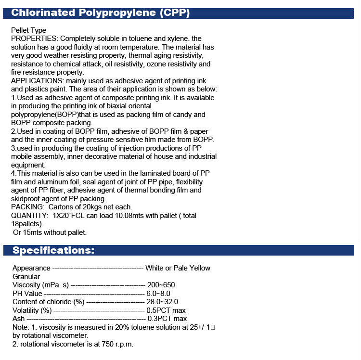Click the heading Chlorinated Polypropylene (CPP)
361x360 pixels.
[x=100, y=13]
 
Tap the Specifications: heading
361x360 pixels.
[x=53, y=250]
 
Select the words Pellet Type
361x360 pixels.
[x=28, y=30]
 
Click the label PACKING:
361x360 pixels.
[x=27, y=207]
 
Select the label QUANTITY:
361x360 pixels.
[x=29, y=216]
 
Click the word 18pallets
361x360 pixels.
[x=27, y=224]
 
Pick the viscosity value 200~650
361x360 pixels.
[x=161, y=285]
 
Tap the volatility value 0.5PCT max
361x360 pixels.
[x=167, y=310]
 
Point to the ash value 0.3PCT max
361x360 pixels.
[x=167, y=319]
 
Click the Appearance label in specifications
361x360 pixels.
[x=31, y=268]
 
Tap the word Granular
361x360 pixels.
[x=26, y=276]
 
